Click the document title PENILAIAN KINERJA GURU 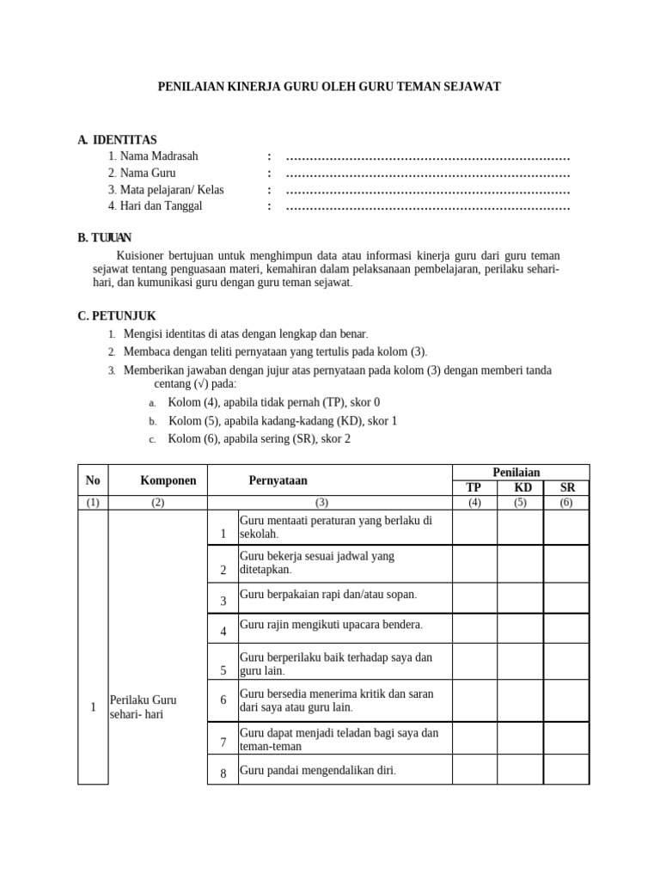[x=330, y=87]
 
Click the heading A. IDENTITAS [x=117, y=139]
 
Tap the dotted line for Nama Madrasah [x=428, y=156]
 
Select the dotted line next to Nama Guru [x=428, y=174]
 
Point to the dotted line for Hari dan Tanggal [x=428, y=207]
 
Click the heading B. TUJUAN [x=104, y=238]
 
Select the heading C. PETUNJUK [x=117, y=316]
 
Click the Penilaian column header [x=516, y=473]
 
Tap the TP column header [x=474, y=487]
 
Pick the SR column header [x=567, y=487]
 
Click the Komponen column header [x=168, y=480]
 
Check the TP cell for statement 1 [x=474, y=528]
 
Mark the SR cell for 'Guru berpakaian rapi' [x=566, y=598]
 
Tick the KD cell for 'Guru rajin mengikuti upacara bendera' [x=520, y=628]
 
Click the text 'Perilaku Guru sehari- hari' [x=143, y=707]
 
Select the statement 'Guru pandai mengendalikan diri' [x=318, y=771]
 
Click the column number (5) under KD [x=520, y=503]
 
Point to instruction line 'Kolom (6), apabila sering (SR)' [x=259, y=439]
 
